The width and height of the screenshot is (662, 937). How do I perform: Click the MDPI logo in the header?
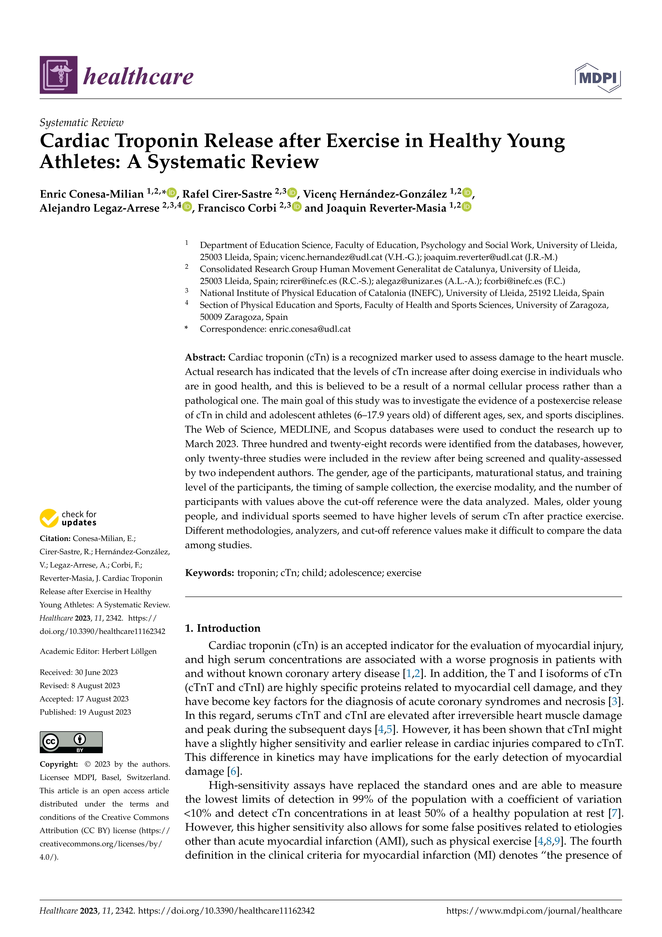click(598, 77)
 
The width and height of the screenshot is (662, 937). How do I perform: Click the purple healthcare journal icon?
click(58, 75)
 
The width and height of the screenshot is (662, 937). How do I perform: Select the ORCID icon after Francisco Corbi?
click(297, 207)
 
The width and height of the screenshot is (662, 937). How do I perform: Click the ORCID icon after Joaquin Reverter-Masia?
click(467, 207)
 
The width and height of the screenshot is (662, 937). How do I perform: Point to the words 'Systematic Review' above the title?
click(81, 122)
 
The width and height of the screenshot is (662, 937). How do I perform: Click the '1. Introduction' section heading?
click(223, 628)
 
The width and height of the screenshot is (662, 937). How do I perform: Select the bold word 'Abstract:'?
click(205, 357)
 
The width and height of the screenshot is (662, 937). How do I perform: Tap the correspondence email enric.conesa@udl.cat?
click(310, 329)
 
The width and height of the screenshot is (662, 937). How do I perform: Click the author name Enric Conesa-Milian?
click(92, 194)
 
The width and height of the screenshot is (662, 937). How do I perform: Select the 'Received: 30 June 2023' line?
click(79, 672)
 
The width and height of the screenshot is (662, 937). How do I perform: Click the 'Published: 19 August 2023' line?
click(85, 712)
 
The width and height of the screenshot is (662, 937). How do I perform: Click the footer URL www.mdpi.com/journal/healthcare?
click(534, 911)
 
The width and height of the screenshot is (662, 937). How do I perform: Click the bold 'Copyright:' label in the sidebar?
click(59, 764)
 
